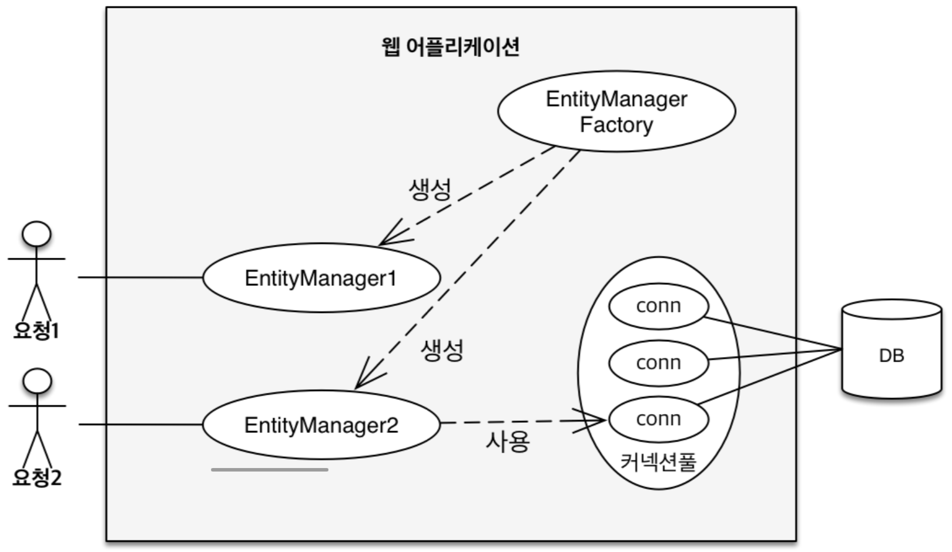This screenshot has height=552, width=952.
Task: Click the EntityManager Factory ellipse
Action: pos(616,111)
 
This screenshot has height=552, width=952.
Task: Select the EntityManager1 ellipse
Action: pos(321,278)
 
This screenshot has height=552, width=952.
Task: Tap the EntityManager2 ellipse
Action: pos(321,425)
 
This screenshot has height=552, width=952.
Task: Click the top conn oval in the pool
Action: pos(658,306)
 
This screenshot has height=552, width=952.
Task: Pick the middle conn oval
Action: pos(658,363)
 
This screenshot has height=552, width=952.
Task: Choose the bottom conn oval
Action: pos(658,419)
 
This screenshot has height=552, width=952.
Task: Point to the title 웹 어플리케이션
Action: pos(450,46)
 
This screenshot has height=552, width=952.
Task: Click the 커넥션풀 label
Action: pos(658,462)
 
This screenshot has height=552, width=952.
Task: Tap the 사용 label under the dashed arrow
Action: pos(508,441)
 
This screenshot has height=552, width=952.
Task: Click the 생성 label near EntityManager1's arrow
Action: pos(430,189)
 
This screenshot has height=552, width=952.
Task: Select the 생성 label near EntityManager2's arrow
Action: pos(443,350)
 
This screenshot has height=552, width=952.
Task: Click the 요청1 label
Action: pos(36,331)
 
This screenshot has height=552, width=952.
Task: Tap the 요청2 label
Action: pos(37,477)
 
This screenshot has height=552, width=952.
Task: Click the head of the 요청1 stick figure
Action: pos(36,234)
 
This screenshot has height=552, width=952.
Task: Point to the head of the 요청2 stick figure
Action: pos(37,381)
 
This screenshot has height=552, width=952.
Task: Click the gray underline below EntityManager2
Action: pos(270,470)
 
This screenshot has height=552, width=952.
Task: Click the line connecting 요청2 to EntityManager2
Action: pos(141,424)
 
